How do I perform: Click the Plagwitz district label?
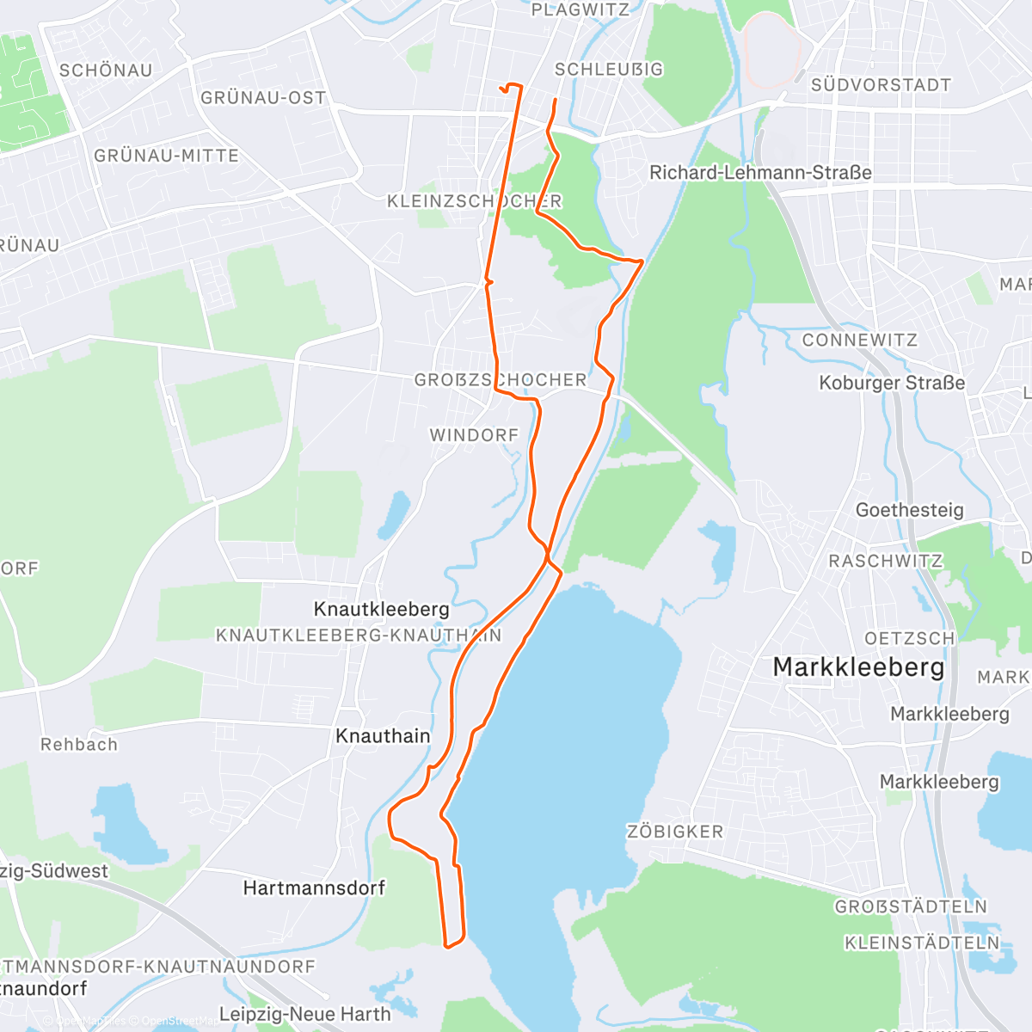pos(580,10)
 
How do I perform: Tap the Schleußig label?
pos(609,69)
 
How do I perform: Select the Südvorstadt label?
pos(881,85)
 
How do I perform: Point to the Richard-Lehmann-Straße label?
pos(760,173)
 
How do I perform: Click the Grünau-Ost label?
pos(263,97)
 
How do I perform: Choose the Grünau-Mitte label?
pos(166,156)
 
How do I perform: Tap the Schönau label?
pos(106,71)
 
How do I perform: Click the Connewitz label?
pos(859,340)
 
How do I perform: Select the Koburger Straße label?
pos(892,383)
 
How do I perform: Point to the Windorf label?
pos(475,435)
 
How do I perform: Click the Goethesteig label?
pos(909,510)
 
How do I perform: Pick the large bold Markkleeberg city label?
pos(858,666)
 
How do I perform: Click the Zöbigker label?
pos(675,832)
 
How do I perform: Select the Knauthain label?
pos(383,736)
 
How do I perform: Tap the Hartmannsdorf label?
pos(314,888)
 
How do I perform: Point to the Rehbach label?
pos(79,745)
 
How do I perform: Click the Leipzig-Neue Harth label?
pos(304,1014)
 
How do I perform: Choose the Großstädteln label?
pos(911,906)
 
